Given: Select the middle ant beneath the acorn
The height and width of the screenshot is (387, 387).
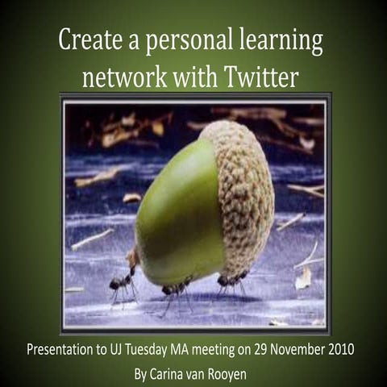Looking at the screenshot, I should pos(177,289).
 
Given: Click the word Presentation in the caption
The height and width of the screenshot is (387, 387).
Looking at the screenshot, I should pos(64,352).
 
